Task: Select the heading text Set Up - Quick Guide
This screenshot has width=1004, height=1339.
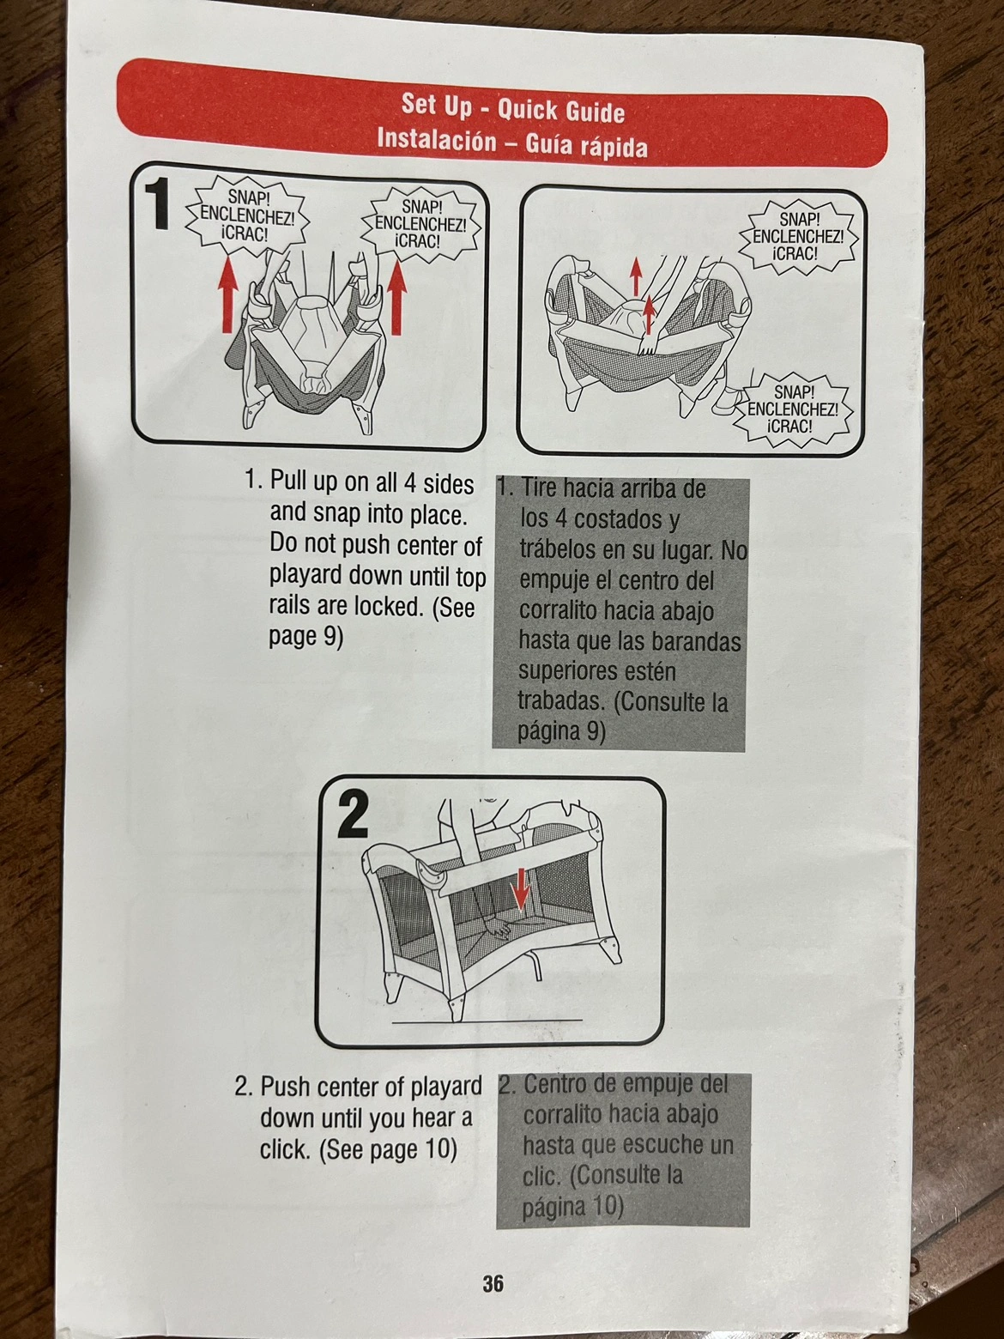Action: (x=512, y=109)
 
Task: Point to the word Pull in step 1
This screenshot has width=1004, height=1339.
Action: (x=289, y=485)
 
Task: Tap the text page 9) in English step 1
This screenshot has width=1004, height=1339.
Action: (x=306, y=638)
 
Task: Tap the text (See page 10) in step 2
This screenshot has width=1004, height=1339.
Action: (x=389, y=1150)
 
